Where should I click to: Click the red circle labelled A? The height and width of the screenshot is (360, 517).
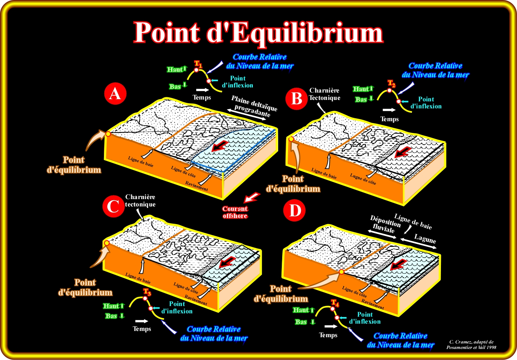115,94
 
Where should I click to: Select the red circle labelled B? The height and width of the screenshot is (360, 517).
296,98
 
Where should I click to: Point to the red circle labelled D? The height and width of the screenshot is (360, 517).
295,210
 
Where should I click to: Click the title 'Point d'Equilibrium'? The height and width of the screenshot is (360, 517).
258,33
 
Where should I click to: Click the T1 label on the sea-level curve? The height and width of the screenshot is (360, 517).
198,64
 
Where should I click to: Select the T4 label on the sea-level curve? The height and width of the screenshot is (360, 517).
335,303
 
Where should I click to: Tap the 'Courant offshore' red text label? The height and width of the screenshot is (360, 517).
235,212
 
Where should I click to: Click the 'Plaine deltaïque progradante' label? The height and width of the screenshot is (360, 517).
254,106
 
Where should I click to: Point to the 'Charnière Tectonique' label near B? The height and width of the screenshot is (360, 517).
324,94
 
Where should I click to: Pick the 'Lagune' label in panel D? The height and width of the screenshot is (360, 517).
425,239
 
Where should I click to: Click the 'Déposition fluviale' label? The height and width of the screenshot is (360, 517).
385,224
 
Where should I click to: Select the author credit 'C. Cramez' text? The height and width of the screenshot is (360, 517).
471,344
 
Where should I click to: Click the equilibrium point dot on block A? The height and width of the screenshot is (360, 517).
108,134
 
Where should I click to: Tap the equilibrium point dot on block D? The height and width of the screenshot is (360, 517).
341,272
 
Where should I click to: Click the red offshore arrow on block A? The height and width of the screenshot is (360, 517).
219,146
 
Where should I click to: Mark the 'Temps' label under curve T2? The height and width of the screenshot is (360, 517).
389,119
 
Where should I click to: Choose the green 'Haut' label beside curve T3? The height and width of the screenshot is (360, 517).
111,306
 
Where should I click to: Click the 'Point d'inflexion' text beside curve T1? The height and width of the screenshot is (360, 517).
237,82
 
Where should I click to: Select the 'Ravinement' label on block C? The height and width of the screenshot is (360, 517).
196,300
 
